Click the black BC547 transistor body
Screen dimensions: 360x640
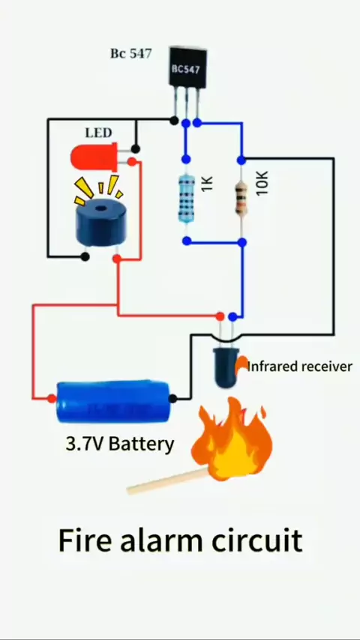pos(188,67)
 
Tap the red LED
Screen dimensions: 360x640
pos(94,157)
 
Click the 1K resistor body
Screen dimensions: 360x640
pos(186,198)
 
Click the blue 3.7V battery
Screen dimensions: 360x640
pos(112,402)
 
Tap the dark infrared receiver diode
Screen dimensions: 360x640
pos(225,367)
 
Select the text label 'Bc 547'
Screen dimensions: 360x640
pos(130,53)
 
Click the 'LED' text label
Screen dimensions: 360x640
pos(98,133)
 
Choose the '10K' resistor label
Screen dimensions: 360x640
pos(262,182)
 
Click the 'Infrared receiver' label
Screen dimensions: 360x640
pos(300,366)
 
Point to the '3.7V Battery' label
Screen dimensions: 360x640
pos(120,444)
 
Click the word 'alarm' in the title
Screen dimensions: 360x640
pos(161,540)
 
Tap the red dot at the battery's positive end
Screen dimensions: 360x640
pos(52,399)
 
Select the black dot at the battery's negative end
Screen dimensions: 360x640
pos(172,399)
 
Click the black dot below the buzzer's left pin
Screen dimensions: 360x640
pos(85,257)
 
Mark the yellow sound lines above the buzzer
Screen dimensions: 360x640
pos(99,189)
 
